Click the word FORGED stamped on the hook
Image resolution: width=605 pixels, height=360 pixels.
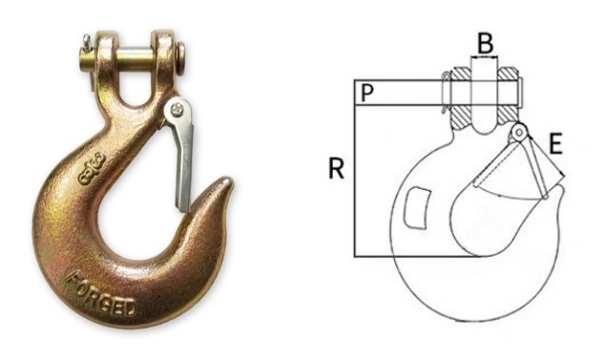pyautogui.click(x=99, y=295)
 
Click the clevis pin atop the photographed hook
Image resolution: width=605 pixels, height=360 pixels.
pyautogui.click(x=130, y=45)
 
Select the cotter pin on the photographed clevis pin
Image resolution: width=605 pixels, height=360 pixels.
pyautogui.click(x=87, y=42)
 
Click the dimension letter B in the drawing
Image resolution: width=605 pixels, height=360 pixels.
pyautogui.click(x=485, y=43)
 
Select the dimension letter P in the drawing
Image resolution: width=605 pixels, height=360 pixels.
pyautogui.click(x=365, y=93)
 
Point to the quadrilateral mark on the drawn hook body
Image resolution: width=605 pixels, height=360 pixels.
pyautogui.click(x=416, y=207)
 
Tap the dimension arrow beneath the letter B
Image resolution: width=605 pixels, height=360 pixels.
pyautogui.click(x=485, y=58)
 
